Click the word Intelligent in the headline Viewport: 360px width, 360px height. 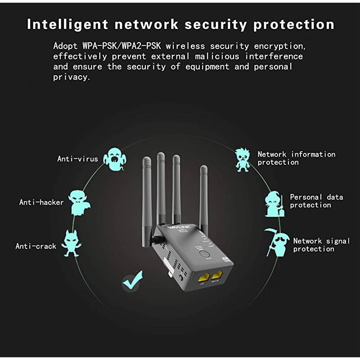tap(66, 24)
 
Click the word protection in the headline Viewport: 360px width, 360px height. tap(294, 24)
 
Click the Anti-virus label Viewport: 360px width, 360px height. tap(77, 158)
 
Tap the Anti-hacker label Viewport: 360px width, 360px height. tap(41, 202)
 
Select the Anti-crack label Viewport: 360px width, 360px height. tap(36, 246)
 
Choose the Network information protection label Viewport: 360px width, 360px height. tap(296, 158)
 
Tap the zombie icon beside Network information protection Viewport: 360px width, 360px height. tap(243, 158)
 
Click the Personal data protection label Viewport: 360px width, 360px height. tap(316, 201)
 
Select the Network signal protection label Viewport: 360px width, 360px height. tap(321, 245)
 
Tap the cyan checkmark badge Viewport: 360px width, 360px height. tap(132, 281)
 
